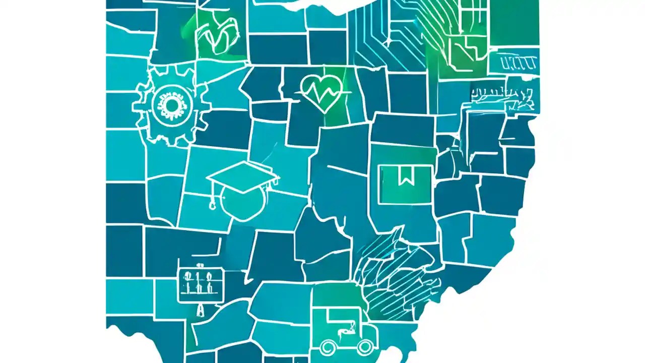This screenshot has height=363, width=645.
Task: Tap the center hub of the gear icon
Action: click(171, 105)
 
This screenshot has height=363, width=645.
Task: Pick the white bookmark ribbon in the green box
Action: click(406, 177)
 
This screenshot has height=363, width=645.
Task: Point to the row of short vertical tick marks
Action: click(519, 63)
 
